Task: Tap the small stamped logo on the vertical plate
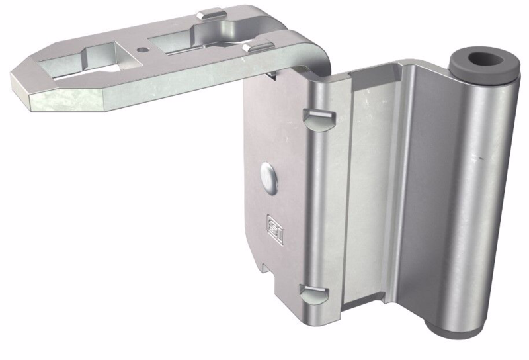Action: [272, 222]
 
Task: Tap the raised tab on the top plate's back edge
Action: [210, 13]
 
